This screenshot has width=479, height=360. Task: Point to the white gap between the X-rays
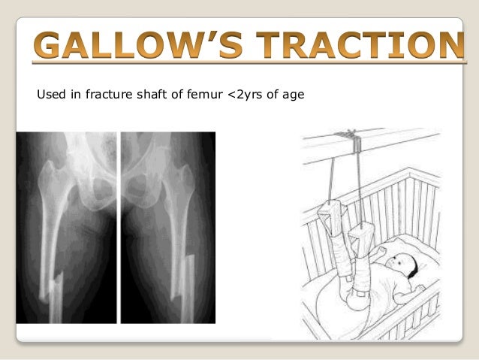tap(119, 225)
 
